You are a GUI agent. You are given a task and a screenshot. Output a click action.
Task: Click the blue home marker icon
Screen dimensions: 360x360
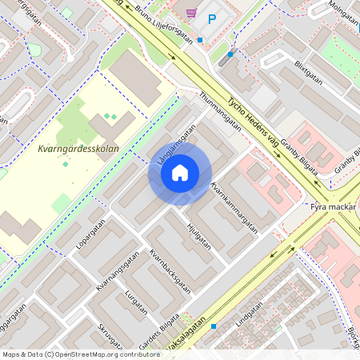pyautogui.click(x=180, y=173)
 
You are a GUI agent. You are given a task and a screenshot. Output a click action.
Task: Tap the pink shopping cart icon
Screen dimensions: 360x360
pyautogui.click(x=191, y=12)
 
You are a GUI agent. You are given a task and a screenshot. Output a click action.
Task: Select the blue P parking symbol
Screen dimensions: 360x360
pyautogui.click(x=213, y=18)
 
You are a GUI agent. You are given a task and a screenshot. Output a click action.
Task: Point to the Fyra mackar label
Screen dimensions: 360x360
pyautogui.click(x=332, y=206)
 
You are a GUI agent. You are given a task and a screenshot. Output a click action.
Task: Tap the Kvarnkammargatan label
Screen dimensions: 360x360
pyautogui.click(x=234, y=207)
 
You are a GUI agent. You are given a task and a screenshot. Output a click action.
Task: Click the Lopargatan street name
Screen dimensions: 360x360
pyautogui.click(x=90, y=241)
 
